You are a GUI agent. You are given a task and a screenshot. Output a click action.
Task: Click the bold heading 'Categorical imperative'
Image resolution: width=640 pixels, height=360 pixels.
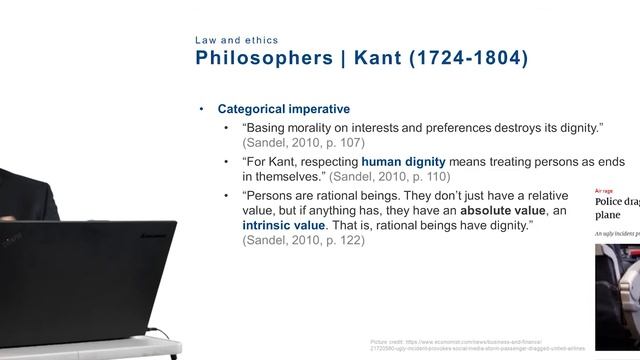pyautogui.click(x=283, y=109)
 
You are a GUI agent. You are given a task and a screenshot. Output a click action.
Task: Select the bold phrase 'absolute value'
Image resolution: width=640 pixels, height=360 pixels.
pyautogui.click(x=496, y=212)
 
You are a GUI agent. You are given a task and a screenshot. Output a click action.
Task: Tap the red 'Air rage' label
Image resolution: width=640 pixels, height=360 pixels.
pyautogui.click(x=604, y=190)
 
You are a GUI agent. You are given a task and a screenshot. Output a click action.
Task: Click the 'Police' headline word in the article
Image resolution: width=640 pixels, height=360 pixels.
pyautogui.click(x=611, y=201)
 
